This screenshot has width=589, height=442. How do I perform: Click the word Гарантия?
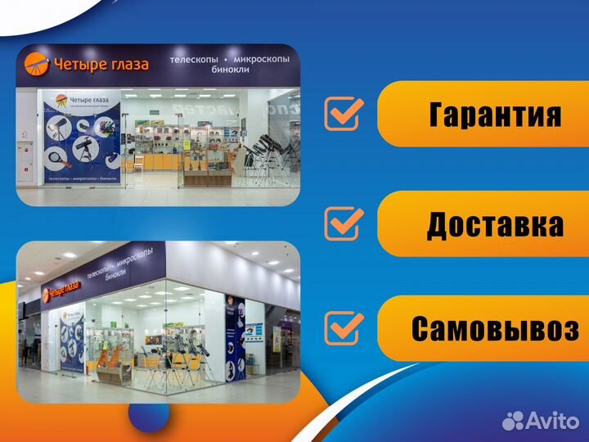pos(495,115)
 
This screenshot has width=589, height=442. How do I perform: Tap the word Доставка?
pos(495,224)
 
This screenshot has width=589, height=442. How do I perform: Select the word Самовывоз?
pos(495,329)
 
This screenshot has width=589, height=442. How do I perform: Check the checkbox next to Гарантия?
pos(344,114)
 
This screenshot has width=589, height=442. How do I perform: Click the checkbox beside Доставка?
pos(344,222)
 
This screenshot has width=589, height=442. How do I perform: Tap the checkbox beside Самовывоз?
pos(344,327)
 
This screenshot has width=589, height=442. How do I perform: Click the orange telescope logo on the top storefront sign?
pos(36,63)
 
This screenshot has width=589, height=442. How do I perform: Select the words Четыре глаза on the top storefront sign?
pos(100,65)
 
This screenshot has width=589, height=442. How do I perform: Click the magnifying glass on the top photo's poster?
pos(60,156)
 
